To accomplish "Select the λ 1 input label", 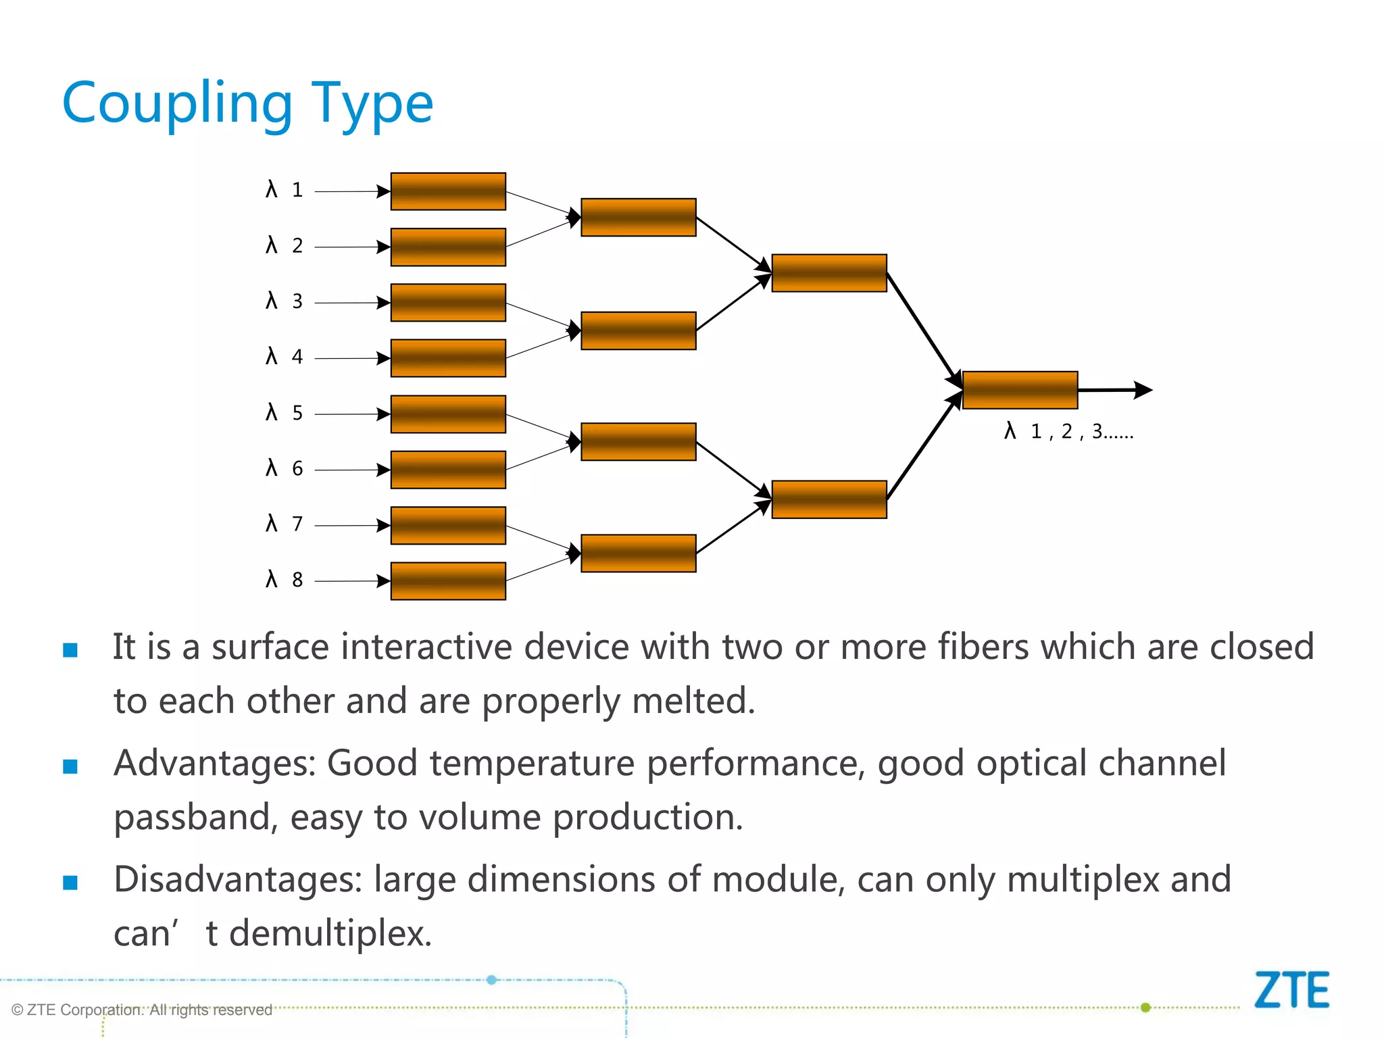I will click(x=285, y=190).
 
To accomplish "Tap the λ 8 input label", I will click(x=285, y=579).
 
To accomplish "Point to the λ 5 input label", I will click(x=285, y=412).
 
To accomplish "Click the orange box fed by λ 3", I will click(x=448, y=303).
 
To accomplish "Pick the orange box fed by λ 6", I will click(x=448, y=470).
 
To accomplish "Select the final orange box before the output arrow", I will click(x=1020, y=390).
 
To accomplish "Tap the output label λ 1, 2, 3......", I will click(x=1068, y=431).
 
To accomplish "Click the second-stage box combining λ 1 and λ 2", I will click(x=638, y=218).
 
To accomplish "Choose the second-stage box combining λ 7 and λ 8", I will click(x=638, y=553).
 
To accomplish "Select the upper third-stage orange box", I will click(x=829, y=273).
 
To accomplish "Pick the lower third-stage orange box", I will click(x=829, y=499).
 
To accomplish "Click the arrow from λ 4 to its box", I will click(x=351, y=358).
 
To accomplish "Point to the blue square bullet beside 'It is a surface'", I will click(x=70, y=650).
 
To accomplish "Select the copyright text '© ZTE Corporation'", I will click(x=142, y=1010).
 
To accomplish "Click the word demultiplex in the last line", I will click(x=330, y=934).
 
